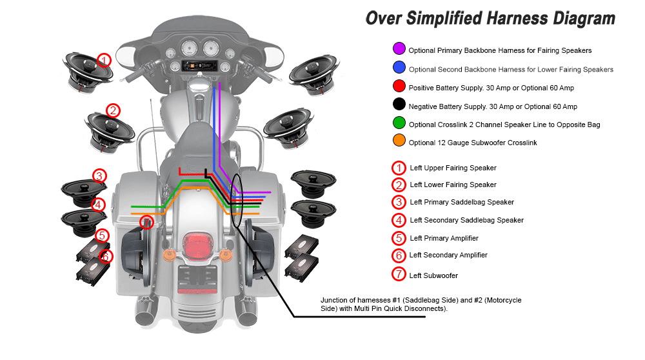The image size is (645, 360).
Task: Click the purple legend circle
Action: coord(399,49)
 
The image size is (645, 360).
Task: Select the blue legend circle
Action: coord(399,68)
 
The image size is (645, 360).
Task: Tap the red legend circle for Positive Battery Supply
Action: coord(399,87)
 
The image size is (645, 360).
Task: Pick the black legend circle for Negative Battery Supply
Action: coord(399,105)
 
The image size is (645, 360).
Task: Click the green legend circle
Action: coord(399,124)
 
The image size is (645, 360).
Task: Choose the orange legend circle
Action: coord(399,142)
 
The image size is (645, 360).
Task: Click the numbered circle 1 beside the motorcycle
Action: coord(104,60)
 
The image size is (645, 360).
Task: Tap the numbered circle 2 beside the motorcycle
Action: coord(113,110)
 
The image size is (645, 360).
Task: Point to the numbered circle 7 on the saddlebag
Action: coord(146,223)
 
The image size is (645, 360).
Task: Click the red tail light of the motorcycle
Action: coord(195,246)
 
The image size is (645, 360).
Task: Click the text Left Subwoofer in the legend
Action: coord(433,275)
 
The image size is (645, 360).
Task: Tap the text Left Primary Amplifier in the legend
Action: coord(444,238)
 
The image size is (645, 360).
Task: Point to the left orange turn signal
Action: coord(170,252)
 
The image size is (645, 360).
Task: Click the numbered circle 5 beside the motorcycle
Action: coord(102,235)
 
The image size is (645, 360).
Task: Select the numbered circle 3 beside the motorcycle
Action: coord(99,175)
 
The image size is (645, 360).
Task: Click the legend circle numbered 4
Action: coord(399,219)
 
